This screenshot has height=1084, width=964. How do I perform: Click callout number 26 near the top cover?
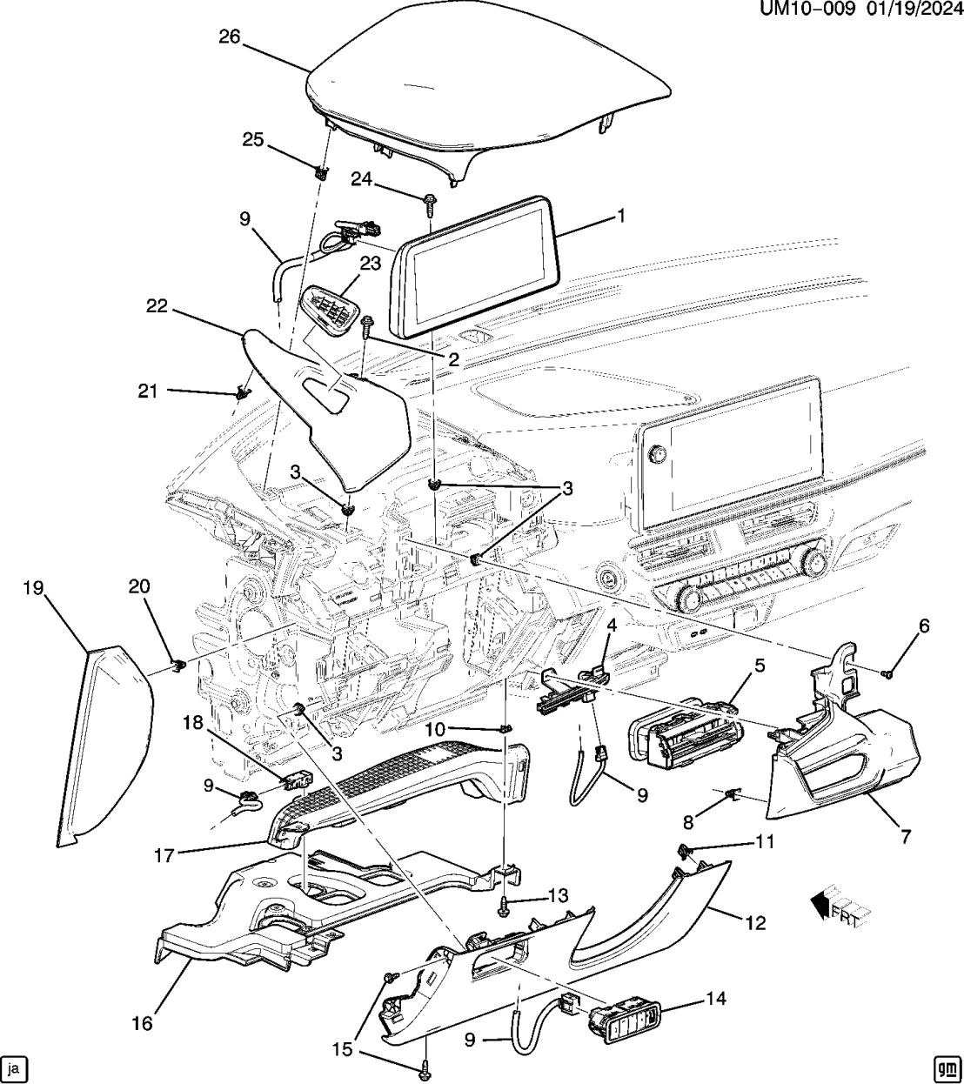(230, 37)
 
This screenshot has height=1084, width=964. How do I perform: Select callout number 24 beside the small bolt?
(362, 178)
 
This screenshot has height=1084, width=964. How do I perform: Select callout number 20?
(140, 587)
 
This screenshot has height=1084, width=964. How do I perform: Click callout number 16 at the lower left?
(141, 1023)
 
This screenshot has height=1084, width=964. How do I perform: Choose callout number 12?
(755, 922)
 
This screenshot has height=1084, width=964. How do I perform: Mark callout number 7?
(905, 837)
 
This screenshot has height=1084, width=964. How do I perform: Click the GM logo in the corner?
(947, 1067)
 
